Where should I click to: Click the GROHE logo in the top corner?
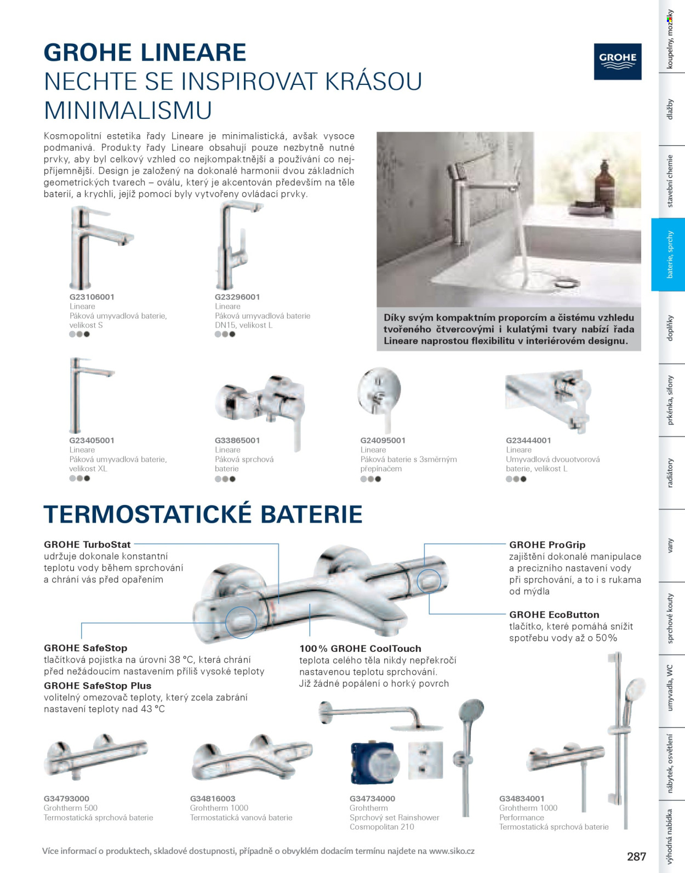[618, 61]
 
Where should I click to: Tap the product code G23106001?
[92, 297]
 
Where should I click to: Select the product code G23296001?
[237, 297]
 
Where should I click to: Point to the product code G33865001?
[237, 440]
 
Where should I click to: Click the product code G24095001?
[383, 440]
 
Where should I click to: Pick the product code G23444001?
[529, 440]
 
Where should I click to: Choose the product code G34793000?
[66, 799]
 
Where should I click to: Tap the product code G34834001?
[522, 799]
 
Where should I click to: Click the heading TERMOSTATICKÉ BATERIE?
[203, 514]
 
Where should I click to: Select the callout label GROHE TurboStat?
[87, 544]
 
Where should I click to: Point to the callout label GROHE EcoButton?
[554, 614]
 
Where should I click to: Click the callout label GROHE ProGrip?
[547, 545]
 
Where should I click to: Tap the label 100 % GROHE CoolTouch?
[360, 648]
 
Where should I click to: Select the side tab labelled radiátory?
[670, 473]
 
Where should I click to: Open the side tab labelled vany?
[670, 545]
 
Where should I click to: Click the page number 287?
[636, 856]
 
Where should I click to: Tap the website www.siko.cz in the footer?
[452, 851]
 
